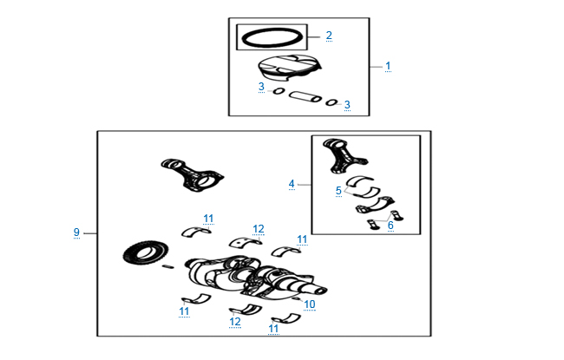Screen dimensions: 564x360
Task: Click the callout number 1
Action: click(x=388, y=66)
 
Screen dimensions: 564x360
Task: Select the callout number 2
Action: click(x=329, y=36)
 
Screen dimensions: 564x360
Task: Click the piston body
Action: click(x=290, y=68)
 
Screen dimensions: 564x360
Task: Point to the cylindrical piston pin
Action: click(x=305, y=96)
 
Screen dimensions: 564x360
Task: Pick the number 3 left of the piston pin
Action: click(x=261, y=87)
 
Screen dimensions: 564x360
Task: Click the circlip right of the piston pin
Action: click(x=331, y=102)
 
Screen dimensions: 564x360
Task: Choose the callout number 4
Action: click(x=292, y=184)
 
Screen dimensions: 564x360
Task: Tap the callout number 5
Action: click(x=338, y=191)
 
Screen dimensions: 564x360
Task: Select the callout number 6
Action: click(x=390, y=226)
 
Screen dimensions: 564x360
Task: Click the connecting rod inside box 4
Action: click(x=344, y=156)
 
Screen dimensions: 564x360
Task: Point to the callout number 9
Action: click(x=76, y=232)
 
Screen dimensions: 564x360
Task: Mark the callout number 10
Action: click(x=310, y=304)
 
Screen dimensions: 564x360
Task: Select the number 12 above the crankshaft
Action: click(x=259, y=229)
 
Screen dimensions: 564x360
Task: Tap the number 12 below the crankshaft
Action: click(x=235, y=322)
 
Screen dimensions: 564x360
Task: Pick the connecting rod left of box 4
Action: click(x=192, y=174)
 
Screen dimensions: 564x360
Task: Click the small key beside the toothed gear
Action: click(x=168, y=266)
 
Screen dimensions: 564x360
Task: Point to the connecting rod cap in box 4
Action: click(x=375, y=206)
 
